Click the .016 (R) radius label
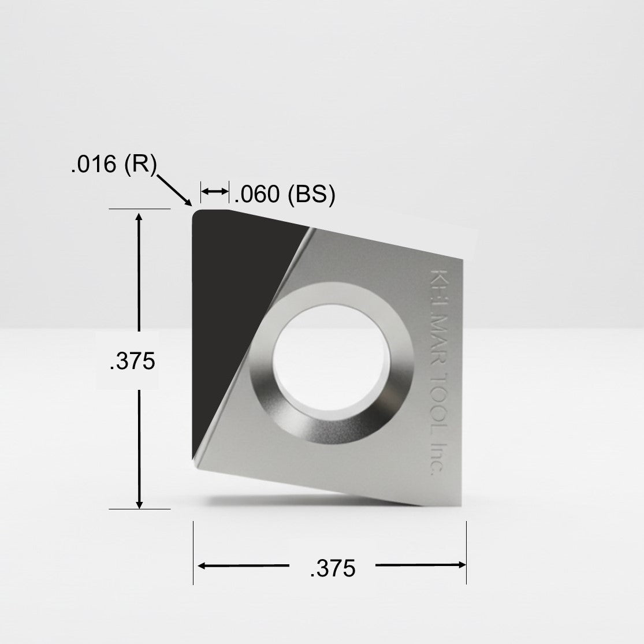coord(113,165)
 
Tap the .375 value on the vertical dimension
coord(132,361)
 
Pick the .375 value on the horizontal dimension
coord(332,569)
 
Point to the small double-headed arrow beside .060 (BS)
coord(214,191)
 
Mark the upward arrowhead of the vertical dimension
coord(139,217)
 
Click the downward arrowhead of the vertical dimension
coord(139,504)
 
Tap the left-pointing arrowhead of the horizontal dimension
coord(201,565)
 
